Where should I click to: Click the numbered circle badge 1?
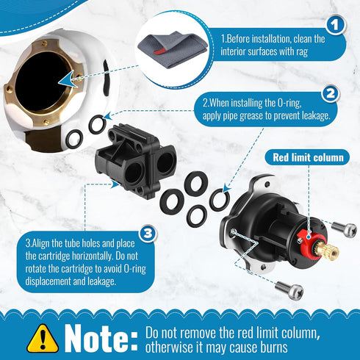[335, 26]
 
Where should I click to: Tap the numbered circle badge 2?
[330, 94]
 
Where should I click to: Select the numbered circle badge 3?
[148, 234]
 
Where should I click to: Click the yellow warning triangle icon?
[43, 337]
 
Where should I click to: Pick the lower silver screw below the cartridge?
[292, 291]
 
